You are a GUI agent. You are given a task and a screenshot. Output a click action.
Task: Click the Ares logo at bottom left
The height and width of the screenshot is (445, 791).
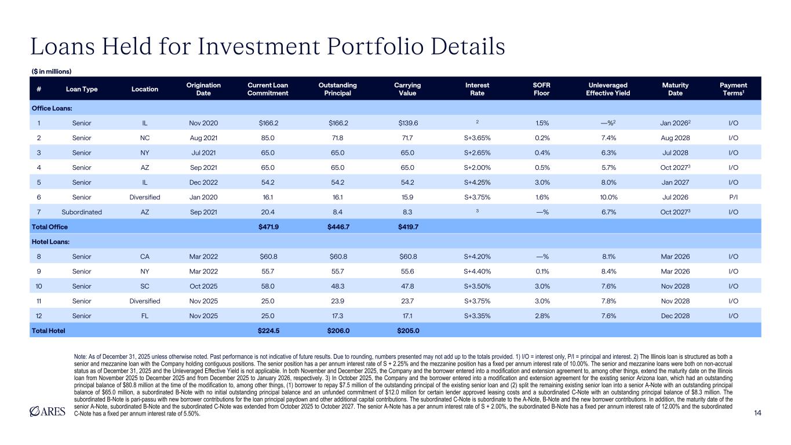click(50, 412)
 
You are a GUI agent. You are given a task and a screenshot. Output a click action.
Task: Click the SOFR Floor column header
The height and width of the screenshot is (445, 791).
click(542, 89)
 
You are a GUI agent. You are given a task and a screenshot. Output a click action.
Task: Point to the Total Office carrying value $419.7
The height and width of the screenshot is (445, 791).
click(408, 227)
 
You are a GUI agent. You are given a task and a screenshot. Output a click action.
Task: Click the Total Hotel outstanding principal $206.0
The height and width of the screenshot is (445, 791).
click(338, 331)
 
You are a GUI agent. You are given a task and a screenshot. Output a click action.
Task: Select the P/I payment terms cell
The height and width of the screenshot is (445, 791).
click(733, 197)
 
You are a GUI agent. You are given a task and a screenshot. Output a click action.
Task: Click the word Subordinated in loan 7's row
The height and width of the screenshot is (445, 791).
click(82, 212)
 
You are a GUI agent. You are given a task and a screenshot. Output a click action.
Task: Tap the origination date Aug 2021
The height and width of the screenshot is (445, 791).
click(203, 138)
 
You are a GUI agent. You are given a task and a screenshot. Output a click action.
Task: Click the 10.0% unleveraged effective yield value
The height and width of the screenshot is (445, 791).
click(609, 197)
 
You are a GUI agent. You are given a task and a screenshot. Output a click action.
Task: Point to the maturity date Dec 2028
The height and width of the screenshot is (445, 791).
click(675, 316)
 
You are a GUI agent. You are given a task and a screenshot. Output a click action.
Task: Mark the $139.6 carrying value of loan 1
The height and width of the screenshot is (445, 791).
click(408, 123)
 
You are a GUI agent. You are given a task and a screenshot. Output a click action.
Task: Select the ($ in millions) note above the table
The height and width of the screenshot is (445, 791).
click(50, 71)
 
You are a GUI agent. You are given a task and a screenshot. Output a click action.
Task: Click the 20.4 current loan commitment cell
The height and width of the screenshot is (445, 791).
click(268, 212)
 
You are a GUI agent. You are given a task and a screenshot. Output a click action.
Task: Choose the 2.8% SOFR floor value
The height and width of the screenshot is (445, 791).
click(542, 316)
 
